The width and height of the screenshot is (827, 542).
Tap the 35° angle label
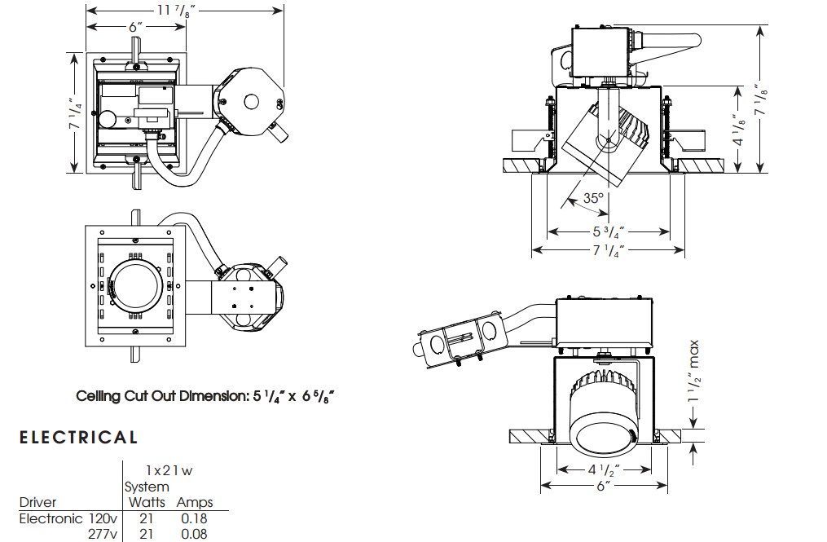point(594,198)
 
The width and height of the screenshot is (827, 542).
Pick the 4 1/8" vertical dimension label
point(738,128)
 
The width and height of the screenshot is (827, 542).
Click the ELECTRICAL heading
point(78,438)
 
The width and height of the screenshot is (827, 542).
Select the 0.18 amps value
point(193,518)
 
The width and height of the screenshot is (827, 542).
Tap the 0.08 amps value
point(193,534)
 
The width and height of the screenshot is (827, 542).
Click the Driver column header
point(37,502)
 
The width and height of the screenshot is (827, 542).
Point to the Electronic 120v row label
point(68,518)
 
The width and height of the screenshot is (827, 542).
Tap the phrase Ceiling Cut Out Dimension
point(160,396)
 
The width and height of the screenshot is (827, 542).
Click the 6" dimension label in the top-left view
point(135,26)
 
